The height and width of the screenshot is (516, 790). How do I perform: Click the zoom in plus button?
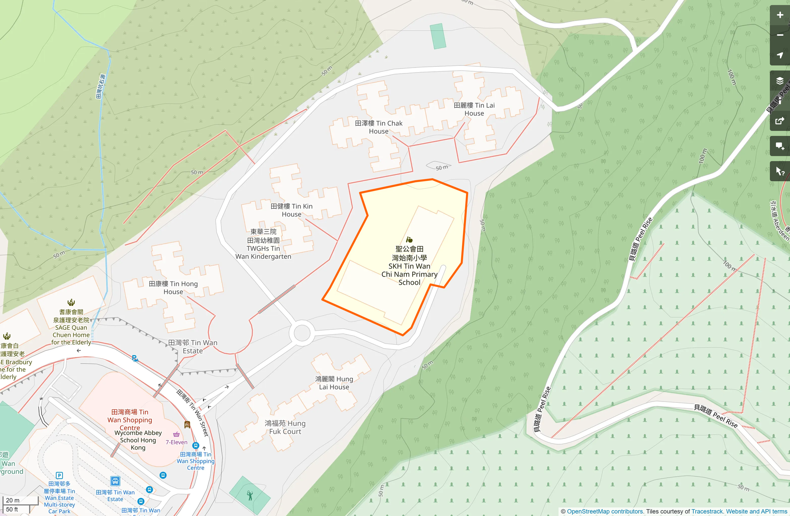(780, 15)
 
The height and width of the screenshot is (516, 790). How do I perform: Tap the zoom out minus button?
(780, 35)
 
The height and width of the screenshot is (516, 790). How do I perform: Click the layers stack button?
(780, 81)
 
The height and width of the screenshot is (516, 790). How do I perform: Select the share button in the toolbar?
(780, 121)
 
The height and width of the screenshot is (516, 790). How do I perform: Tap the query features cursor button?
(780, 171)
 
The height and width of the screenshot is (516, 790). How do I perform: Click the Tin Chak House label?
(379, 127)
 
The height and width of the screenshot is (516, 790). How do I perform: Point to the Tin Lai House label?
(474, 109)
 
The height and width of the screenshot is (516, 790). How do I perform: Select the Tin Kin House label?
(291, 210)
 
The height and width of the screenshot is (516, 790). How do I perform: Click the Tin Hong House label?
(173, 288)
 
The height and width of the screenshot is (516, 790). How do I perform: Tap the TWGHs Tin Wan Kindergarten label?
(263, 244)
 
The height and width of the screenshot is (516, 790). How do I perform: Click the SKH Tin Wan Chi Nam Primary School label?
(409, 266)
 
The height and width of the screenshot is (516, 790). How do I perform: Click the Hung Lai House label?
(334, 383)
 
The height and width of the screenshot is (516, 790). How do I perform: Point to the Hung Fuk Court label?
(285, 427)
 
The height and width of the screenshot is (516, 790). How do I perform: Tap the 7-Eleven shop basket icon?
(177, 435)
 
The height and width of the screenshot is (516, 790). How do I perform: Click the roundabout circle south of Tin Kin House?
(302, 334)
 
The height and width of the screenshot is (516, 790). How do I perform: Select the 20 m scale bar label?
(13, 500)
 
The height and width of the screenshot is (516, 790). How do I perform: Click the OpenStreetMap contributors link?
(605, 511)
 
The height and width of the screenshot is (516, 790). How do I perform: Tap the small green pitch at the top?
(438, 36)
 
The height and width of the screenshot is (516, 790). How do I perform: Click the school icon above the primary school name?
(409, 240)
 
